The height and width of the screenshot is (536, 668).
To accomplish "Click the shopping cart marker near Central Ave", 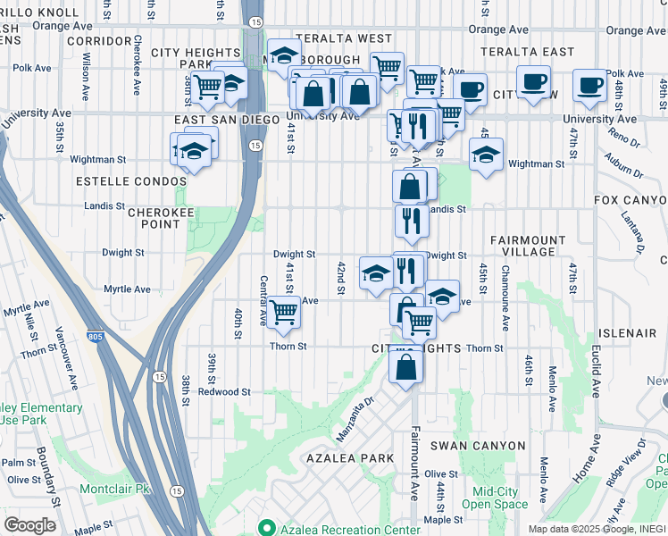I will [x=283, y=313].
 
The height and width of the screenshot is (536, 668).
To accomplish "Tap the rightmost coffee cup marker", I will [x=589, y=85].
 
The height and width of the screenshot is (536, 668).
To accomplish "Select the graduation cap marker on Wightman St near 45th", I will [x=486, y=154].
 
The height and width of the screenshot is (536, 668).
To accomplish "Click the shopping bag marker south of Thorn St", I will [x=405, y=366].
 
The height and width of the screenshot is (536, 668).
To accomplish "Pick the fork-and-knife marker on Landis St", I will [x=411, y=219].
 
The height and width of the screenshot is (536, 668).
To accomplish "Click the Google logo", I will [x=29, y=525].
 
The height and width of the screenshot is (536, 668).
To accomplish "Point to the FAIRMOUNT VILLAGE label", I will [x=528, y=247].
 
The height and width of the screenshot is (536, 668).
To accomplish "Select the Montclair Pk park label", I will [x=117, y=490].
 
